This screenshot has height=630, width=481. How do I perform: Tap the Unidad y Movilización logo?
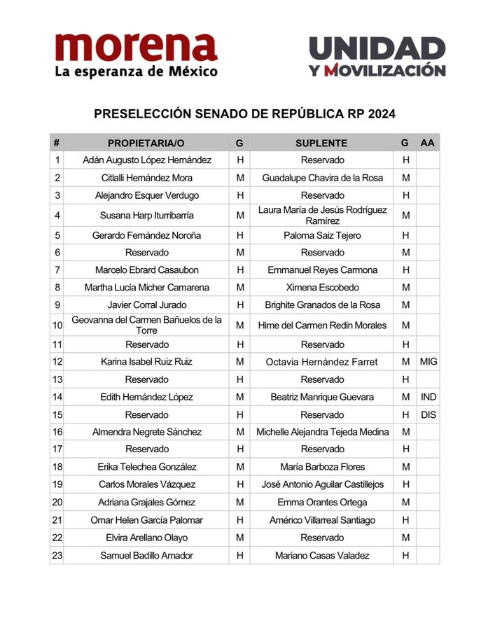[377, 57]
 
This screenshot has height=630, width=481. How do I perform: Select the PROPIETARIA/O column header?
[146, 143]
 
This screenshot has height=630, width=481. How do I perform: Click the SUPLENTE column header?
[321, 143]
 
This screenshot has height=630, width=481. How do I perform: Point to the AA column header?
[428, 143]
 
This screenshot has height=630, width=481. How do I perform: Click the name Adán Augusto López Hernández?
[147, 160]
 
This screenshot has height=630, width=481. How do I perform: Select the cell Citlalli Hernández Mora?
[147, 178]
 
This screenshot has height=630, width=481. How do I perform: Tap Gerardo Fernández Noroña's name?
[147, 235]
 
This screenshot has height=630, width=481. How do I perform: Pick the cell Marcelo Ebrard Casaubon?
[147, 269]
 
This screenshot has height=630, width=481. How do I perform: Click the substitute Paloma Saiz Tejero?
[322, 235]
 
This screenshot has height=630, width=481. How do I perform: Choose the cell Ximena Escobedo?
[322, 287]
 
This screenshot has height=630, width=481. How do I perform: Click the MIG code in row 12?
[428, 362]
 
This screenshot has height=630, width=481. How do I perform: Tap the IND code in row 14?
[428, 397]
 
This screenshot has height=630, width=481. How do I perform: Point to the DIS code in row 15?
[428, 414]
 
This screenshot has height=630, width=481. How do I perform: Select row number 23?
[57, 555]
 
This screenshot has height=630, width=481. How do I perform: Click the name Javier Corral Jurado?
[147, 304]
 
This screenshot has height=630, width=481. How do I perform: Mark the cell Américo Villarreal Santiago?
[322, 520]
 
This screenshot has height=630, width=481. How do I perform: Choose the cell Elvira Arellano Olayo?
[147, 538]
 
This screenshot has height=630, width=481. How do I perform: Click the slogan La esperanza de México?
[136, 71]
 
